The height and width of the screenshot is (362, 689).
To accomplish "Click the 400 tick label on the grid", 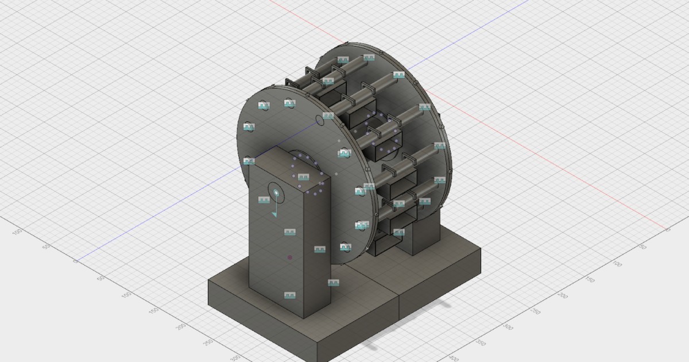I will point(454,358).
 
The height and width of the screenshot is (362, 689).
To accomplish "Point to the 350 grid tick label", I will point(482,342).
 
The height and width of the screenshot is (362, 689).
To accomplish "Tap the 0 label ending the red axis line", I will point(667,229).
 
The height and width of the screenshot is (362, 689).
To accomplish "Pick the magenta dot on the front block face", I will point(289,258).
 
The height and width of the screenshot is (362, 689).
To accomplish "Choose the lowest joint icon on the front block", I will point(290,295).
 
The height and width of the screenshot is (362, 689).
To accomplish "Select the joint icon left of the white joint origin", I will point(264,200).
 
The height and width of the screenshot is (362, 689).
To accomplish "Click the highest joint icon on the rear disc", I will point(369,57).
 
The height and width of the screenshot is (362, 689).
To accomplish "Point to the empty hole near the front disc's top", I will point(320,120).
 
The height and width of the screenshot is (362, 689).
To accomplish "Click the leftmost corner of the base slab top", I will point(208,282).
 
